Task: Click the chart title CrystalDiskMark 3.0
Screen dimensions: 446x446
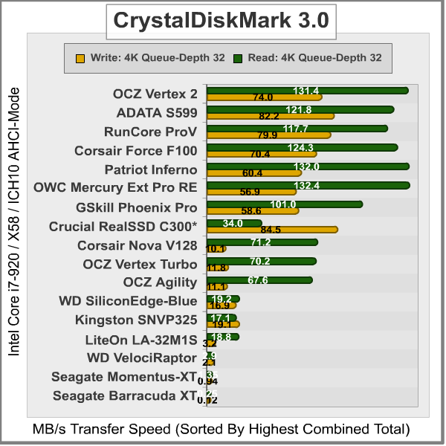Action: tap(220, 21)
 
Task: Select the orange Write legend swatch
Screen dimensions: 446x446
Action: tap(80, 56)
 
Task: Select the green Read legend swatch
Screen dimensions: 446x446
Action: tap(238, 56)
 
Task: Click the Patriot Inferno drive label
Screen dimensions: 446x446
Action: tap(151, 169)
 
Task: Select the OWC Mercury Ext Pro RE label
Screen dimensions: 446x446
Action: tap(116, 188)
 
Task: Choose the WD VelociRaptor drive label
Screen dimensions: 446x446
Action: tap(142, 358)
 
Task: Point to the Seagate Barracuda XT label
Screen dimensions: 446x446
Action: tap(125, 395)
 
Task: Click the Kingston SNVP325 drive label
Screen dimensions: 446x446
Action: tap(136, 320)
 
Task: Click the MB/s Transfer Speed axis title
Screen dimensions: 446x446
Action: tap(222, 429)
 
